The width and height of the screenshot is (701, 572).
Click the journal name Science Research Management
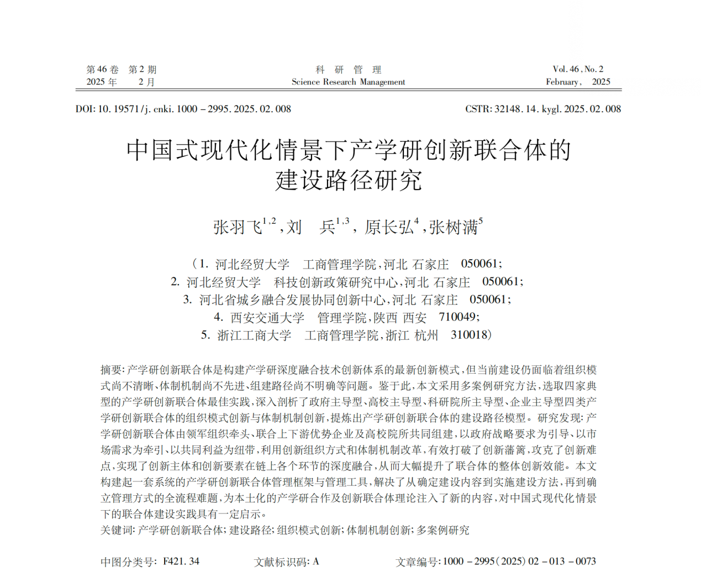pyautogui.click(x=348, y=82)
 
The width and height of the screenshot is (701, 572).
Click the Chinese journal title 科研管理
pyautogui.click(x=349, y=70)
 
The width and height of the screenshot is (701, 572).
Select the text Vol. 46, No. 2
pyautogui.click(x=578, y=69)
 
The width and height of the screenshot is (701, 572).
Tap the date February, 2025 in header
pyautogui.click(x=578, y=82)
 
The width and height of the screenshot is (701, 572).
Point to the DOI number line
pyautogui.click(x=183, y=109)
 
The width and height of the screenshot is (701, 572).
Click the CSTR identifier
pyautogui.click(x=543, y=109)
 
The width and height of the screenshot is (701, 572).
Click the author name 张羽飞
pyautogui.click(x=238, y=227)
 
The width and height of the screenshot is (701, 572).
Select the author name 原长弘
pyautogui.click(x=388, y=227)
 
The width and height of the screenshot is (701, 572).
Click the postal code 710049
pyautogui.click(x=457, y=317)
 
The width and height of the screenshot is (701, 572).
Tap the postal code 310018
pyautogui.click(x=470, y=335)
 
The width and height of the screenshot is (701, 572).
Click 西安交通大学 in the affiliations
pyautogui.click(x=267, y=318)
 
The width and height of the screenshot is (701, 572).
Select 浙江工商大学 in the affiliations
pyautogui.click(x=254, y=335)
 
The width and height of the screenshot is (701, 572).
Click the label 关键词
pyautogui.click(x=117, y=530)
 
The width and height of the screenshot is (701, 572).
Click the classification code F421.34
pyautogui.click(x=181, y=561)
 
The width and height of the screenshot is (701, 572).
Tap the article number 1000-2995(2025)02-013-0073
pyautogui.click(x=519, y=561)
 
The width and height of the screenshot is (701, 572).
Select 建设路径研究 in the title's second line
pyautogui.click(x=349, y=180)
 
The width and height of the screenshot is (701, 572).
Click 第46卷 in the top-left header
pyautogui.click(x=102, y=70)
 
